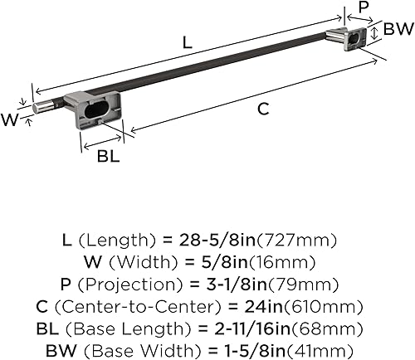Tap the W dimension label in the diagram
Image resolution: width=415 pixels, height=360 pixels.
(x=11, y=119)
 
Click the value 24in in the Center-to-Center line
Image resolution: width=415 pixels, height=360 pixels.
(x=274, y=306)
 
